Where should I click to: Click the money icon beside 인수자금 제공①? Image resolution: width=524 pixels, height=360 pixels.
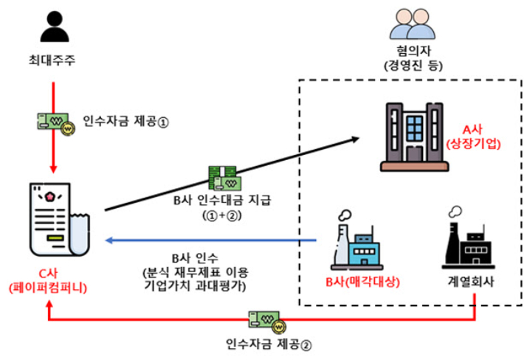click(x=53, y=121)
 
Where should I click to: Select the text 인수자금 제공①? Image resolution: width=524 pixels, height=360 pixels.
click(x=127, y=122)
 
